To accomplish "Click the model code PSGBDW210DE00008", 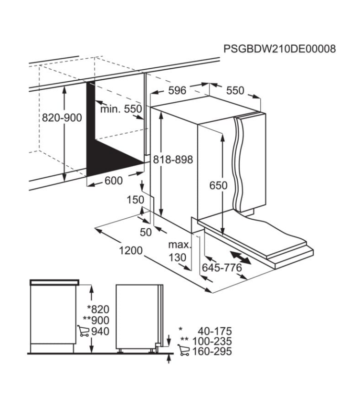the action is click(279, 49).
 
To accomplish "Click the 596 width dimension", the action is click(177, 90).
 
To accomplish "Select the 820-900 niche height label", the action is click(62, 117).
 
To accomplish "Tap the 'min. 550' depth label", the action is click(121, 109).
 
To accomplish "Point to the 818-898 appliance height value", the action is click(173, 160).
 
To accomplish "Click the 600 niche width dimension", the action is click(114, 181).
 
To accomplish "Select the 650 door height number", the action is click(218, 185).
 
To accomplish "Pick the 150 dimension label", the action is click(136, 200).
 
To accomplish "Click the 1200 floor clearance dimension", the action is click(131, 251).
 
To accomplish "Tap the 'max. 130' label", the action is click(179, 251).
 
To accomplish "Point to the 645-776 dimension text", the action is click(222, 268).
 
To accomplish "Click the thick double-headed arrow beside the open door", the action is click(240, 257).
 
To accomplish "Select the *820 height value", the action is click(98, 310).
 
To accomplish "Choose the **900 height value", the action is click(96, 320).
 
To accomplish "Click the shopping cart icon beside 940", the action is click(84, 331).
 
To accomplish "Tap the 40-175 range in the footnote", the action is click(215, 331).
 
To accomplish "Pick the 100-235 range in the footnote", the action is click(212, 341).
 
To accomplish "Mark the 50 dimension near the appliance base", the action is click(146, 232).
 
